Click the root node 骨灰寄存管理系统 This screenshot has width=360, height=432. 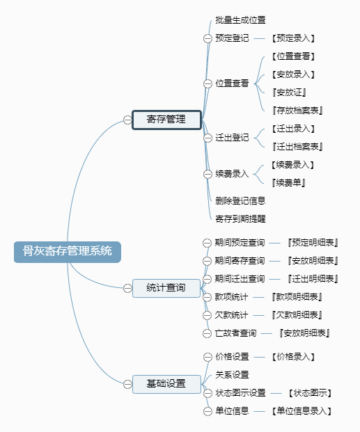68,252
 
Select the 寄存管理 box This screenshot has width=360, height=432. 166,120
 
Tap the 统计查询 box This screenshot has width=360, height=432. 166,288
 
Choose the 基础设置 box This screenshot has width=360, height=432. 166,384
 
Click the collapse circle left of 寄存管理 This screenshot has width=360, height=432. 127,120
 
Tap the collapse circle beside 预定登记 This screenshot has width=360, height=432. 208,38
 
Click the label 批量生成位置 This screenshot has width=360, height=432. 240,20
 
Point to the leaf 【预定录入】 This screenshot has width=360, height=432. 293,38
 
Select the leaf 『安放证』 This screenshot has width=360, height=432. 289,93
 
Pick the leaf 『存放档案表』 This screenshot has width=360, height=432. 297,111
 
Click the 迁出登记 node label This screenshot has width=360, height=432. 232,138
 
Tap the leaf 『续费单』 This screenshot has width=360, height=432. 288,183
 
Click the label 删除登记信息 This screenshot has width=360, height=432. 240,201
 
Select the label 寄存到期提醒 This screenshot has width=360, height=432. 240,219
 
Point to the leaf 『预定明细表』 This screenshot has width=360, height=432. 313,243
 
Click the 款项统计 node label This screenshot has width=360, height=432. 231,297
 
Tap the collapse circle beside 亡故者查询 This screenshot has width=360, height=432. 207,333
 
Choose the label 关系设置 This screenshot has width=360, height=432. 232,375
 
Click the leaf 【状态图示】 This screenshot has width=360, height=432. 310,393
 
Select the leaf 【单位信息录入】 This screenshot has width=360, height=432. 302,411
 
